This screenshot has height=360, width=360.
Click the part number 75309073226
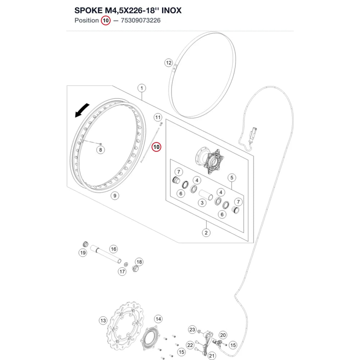140,21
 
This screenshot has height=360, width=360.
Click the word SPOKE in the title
89,10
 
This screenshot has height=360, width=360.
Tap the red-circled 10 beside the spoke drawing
156,147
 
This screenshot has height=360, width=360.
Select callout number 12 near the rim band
169,63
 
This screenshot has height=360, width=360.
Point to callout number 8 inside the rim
100,150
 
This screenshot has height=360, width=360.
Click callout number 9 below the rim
115,196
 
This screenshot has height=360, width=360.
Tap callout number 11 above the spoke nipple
158,118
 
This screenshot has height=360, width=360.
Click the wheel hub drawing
210,160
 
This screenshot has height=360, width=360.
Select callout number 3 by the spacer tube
202,203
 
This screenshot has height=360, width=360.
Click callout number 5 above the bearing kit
231,177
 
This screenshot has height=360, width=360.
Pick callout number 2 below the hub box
206,233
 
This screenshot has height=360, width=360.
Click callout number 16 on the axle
113,249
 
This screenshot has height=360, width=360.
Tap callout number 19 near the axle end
83,253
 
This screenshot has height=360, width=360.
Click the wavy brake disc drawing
126,326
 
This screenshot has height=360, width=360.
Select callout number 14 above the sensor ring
158,319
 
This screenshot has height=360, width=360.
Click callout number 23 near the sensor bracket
192,330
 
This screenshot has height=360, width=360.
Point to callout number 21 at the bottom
212,356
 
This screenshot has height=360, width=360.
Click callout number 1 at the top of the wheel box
141,88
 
